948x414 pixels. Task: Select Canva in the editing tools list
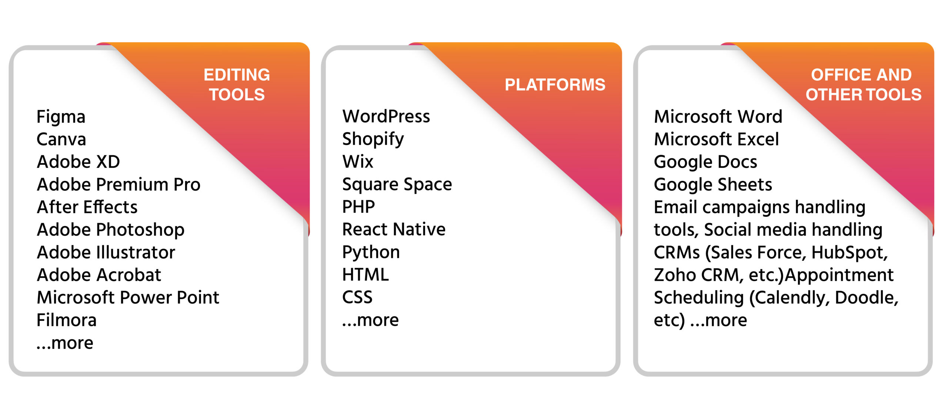pos(61,139)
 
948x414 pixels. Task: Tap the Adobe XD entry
pos(79,162)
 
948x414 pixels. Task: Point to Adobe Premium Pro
pos(118,185)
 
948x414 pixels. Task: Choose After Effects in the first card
pos(87,207)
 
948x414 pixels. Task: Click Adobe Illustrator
pos(106,252)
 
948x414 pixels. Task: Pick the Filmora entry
pos(67,320)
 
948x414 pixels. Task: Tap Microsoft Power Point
pos(128,297)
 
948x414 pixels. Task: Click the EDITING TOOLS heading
pos(237,85)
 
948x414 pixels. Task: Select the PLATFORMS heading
pos(555,85)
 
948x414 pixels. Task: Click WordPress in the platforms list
pos(386,117)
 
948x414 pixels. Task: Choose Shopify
pos(373,140)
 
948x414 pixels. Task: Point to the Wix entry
pos(358,162)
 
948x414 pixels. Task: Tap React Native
pos(394,229)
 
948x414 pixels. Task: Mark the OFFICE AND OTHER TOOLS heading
pos(864,85)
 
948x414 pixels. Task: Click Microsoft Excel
pos(717,139)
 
